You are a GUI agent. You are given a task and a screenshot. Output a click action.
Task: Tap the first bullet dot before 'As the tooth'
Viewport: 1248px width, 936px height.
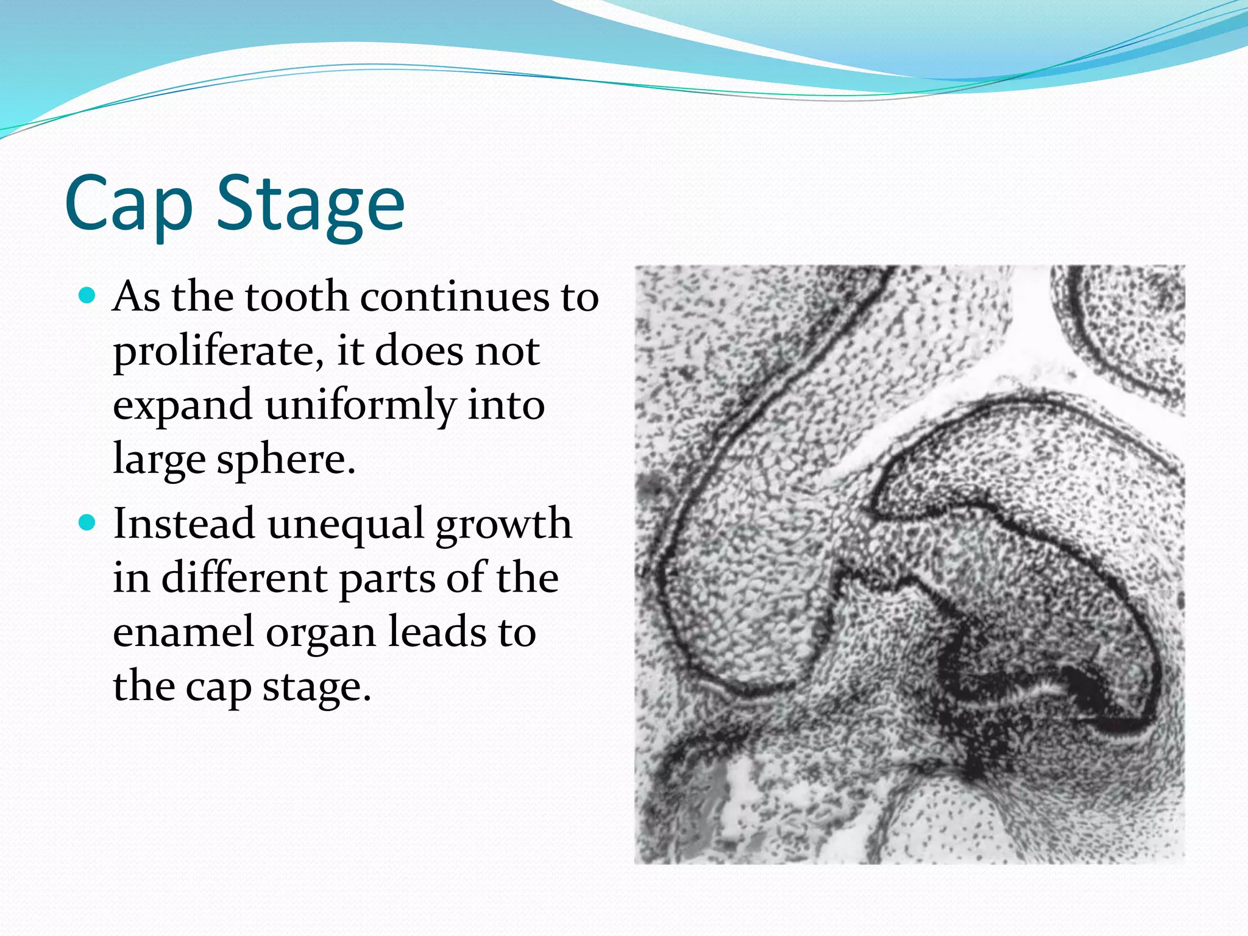click(x=88, y=296)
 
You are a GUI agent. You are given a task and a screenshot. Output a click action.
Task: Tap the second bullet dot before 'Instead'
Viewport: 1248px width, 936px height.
click(x=88, y=523)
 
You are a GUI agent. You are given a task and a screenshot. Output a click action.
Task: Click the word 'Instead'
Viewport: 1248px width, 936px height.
click(x=183, y=524)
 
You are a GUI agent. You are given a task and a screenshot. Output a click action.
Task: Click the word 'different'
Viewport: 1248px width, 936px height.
click(x=244, y=579)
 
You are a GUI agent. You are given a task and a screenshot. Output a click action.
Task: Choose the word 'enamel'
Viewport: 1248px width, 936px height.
click(x=183, y=633)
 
